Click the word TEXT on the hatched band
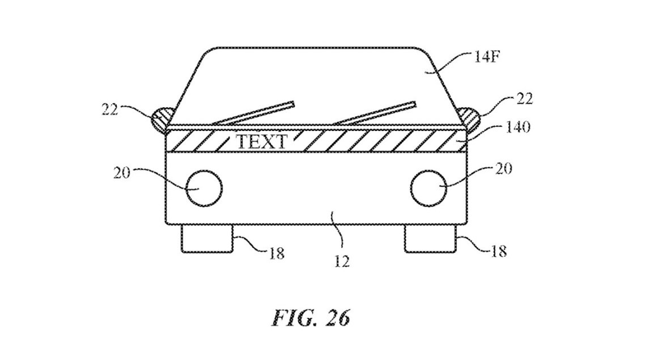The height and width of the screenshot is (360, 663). point(261,141)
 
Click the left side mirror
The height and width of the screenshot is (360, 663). point(160,117)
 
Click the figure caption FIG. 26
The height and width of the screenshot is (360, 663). point(311,318)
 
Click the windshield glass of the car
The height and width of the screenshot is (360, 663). point(317,79)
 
